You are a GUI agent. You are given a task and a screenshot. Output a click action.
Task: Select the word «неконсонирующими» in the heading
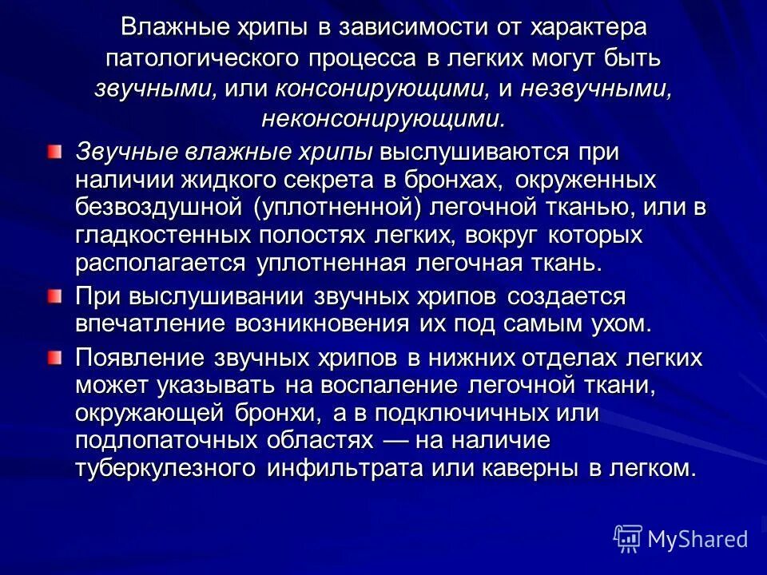383,119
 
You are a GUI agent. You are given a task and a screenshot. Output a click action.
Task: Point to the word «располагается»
161,263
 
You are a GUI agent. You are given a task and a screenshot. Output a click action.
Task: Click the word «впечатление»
149,324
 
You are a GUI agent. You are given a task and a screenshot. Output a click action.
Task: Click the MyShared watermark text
697,539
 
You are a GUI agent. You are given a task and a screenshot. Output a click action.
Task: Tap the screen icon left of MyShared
627,539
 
